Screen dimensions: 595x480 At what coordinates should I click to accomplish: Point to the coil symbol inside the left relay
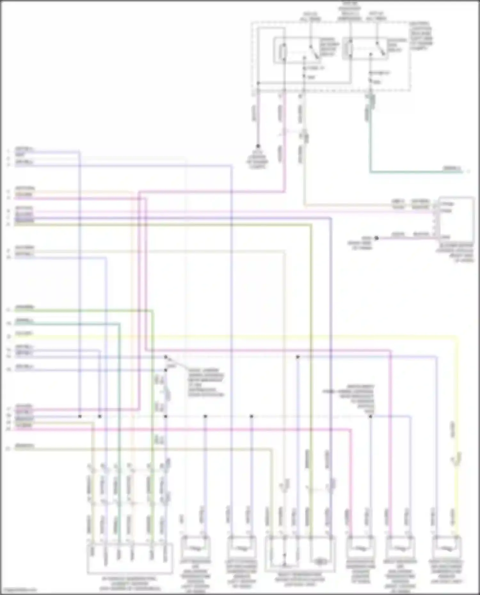283,51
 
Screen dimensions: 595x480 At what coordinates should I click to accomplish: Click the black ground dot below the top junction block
258,146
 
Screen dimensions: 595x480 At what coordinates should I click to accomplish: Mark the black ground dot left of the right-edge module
377,238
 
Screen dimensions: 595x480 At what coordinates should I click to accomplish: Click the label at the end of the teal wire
452,168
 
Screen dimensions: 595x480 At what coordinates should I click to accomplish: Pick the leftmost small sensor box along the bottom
196,548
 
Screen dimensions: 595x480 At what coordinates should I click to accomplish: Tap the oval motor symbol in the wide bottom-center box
320,561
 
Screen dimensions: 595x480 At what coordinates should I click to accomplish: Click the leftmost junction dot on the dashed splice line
80,416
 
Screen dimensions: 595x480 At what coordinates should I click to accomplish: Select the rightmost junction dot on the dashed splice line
371,416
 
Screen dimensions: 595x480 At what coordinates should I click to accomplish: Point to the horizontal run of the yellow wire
256,336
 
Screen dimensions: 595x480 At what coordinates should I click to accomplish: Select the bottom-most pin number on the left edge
9,449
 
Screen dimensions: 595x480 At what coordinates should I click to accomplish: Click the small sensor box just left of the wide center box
242,548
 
